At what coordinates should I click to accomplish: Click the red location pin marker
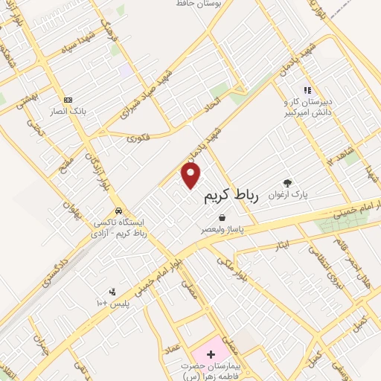point(191,176)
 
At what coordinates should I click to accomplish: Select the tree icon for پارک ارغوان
point(287,182)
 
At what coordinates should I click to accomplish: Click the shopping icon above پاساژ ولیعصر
point(222,217)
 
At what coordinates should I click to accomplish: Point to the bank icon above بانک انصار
point(68,100)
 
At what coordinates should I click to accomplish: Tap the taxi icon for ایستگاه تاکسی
point(118,210)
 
